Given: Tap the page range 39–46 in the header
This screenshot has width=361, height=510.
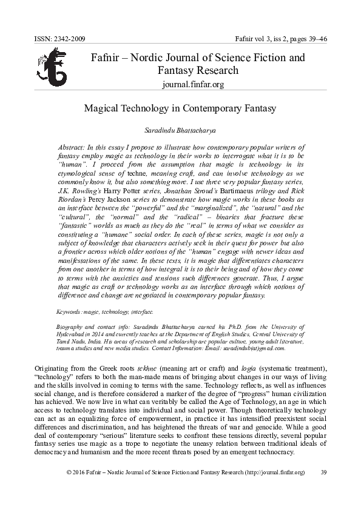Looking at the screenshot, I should pos(315,40).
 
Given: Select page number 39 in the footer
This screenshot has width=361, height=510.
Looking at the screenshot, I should pos(323,471).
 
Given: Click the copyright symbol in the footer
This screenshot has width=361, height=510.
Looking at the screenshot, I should pos(69,471).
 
